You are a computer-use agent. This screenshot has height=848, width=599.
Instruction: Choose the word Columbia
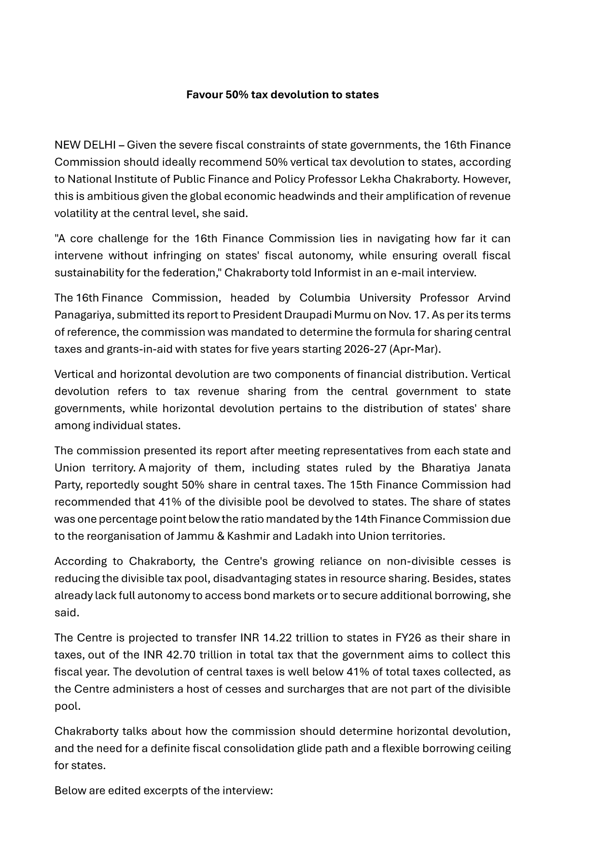(x=322, y=298)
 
